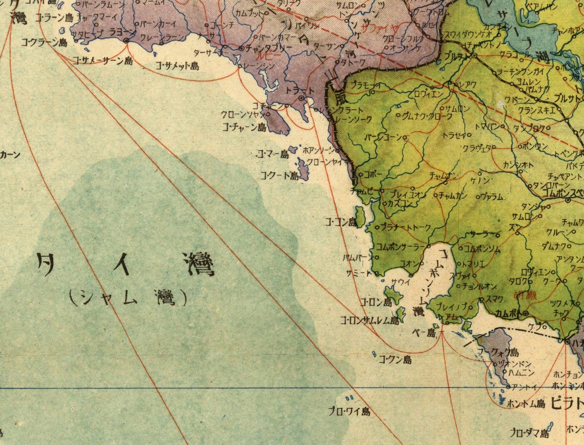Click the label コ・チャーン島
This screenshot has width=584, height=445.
click(x=244, y=126)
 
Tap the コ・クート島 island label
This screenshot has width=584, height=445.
click(x=279, y=176)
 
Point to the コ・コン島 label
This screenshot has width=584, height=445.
click(x=341, y=222)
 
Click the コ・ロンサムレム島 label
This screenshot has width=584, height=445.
click(x=369, y=321)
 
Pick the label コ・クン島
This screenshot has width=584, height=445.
click(x=395, y=359)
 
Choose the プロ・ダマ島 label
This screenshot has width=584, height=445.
click(x=529, y=433)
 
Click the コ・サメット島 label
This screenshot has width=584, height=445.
click(x=177, y=66)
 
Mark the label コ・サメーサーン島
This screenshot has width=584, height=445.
click(x=102, y=60)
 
